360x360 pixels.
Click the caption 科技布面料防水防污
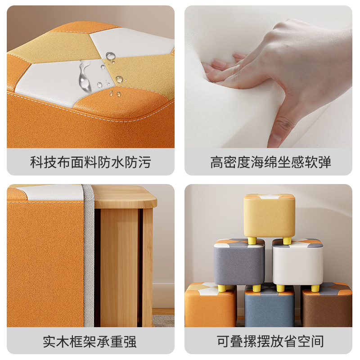[90, 162]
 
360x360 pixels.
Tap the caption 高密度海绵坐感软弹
[270, 162]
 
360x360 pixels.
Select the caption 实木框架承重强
[90, 342]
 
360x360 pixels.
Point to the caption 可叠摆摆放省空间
[270, 342]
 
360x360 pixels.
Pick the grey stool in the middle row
[239, 264]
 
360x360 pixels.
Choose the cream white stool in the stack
[298, 264]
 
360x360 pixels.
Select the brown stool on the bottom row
[327, 306]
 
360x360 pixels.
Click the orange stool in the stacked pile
[210, 306]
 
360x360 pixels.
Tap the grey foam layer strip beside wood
[89, 255]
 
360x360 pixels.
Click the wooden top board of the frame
[125, 197]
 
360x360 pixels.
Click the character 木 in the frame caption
[63, 342]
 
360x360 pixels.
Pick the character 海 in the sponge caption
[257, 162]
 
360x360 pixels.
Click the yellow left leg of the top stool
[252, 240]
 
